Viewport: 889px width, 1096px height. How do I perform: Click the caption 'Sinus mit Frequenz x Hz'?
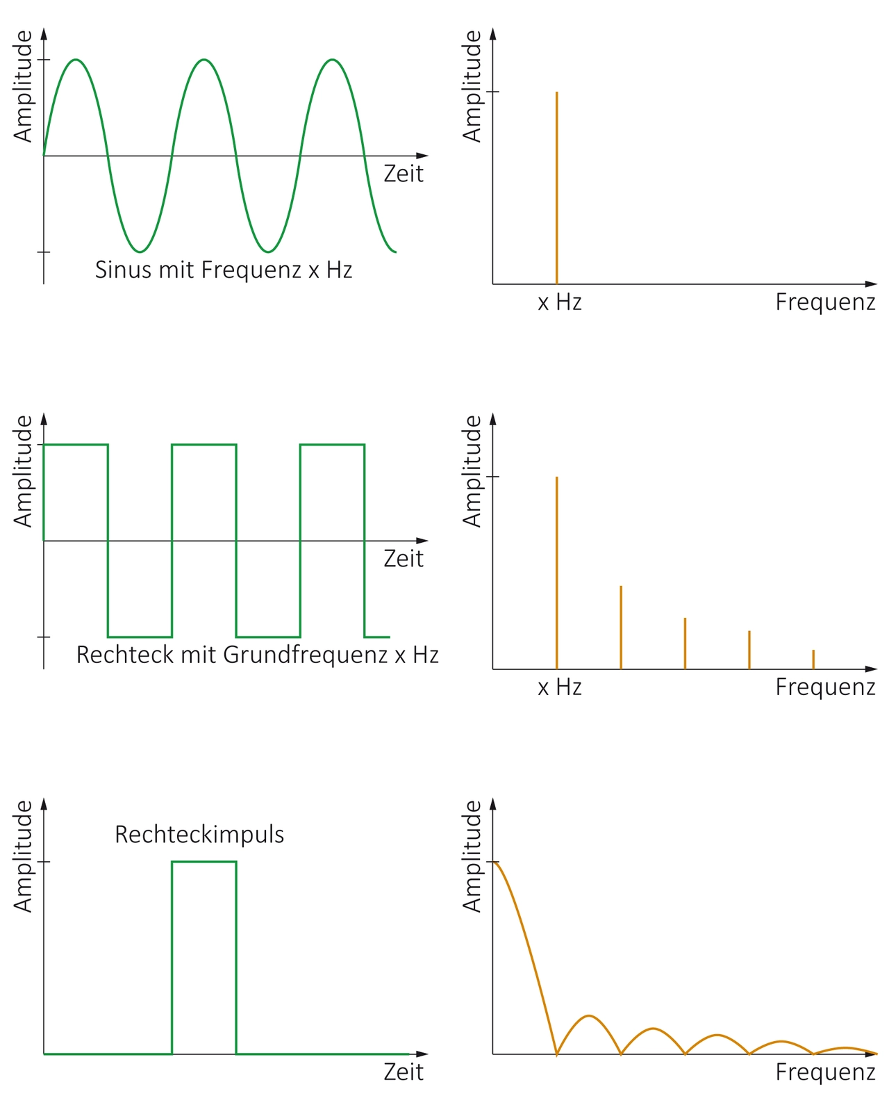(224, 270)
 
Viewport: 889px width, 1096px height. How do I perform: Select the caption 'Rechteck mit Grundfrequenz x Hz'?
(258, 655)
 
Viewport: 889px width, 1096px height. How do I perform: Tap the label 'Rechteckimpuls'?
(199, 835)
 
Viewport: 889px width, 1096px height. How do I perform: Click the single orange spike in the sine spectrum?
(556, 188)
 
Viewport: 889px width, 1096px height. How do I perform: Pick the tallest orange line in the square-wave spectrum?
(556, 573)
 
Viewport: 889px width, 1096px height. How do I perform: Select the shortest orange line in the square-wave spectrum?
(813, 659)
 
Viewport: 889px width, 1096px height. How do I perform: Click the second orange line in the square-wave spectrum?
(621, 628)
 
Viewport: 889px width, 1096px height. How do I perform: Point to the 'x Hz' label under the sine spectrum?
(559, 302)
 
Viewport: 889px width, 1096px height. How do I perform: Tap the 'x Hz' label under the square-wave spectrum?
(559, 687)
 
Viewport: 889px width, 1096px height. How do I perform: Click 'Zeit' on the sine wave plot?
(404, 174)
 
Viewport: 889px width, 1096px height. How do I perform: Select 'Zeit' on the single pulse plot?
(404, 1072)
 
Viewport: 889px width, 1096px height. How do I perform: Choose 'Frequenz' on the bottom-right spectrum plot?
(825, 1072)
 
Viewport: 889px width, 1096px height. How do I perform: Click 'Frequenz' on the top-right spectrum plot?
(825, 302)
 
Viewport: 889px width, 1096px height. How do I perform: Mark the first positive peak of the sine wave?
(76, 60)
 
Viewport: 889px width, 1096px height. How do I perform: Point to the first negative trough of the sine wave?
(140, 252)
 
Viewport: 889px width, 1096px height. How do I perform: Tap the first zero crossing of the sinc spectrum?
(556, 1054)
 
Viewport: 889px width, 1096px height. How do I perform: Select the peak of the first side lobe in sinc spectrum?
(589, 1015)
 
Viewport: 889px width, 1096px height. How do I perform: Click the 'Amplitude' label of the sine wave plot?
(23, 86)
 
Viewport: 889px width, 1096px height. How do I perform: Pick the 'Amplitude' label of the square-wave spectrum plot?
(472, 471)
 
